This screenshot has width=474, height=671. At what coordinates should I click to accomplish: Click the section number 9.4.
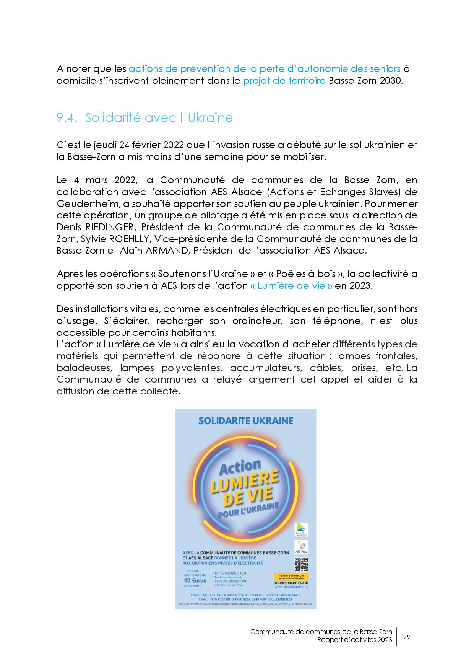67,118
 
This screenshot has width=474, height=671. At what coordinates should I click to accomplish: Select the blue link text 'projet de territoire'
284,81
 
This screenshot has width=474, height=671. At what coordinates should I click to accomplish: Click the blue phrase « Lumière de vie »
291,286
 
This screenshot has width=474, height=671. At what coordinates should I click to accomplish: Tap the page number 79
407,637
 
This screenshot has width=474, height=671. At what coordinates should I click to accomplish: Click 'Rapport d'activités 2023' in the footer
354,640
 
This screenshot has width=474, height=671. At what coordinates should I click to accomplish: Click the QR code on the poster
301,565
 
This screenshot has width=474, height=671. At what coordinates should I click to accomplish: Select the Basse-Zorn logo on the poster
301,530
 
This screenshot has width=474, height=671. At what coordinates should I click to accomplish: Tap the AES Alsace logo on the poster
301,547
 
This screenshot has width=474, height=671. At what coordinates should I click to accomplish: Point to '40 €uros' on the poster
195,580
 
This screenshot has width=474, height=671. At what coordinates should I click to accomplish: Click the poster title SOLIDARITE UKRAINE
245,421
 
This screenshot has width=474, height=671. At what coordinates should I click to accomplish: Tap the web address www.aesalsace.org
291,586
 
